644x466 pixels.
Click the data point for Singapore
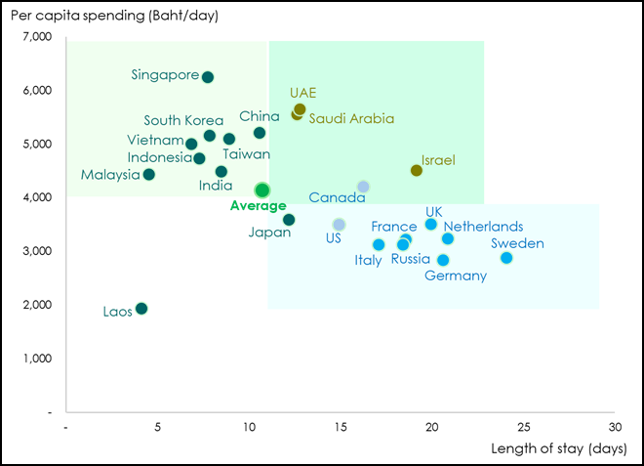[207, 76]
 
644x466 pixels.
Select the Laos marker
[141, 309]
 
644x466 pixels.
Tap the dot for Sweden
[506, 258]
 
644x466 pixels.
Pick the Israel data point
[417, 170]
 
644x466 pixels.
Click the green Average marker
[262, 191]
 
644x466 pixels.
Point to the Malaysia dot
[148, 175]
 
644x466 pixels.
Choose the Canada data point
[363, 187]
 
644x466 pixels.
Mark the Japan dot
[289, 220]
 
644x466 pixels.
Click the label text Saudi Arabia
[351, 118]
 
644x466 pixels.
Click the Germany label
[455, 275]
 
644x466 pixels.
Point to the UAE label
[303, 92]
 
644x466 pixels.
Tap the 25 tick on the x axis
[524, 427]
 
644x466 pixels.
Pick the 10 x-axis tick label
[249, 427]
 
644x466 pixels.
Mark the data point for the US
[339, 225]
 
